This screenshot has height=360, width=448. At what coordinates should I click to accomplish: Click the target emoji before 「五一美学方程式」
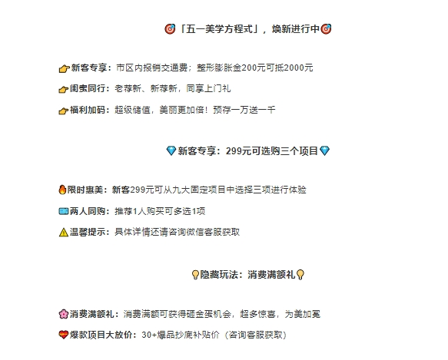(x=170, y=29)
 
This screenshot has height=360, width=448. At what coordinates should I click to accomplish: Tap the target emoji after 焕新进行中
(x=326, y=29)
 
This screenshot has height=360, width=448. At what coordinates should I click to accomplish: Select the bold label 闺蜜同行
(x=88, y=88)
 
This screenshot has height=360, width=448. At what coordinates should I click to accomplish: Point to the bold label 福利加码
(x=88, y=110)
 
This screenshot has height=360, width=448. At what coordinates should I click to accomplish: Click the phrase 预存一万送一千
(x=244, y=110)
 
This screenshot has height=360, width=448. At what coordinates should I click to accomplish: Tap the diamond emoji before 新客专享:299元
(x=171, y=150)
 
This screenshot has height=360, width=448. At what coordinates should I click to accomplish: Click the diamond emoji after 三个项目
(x=324, y=150)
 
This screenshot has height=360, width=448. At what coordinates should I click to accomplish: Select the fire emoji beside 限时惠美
(x=62, y=190)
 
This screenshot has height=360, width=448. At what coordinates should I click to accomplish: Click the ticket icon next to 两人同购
(x=64, y=211)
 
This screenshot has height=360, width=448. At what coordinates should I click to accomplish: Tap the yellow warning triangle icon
(x=64, y=232)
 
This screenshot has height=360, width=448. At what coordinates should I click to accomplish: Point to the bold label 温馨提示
(x=88, y=232)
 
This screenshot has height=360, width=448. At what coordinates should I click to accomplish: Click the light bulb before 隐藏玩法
(x=195, y=275)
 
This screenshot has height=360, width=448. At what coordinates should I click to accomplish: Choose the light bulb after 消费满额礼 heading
(x=300, y=275)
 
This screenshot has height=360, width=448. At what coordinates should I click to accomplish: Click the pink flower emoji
(x=64, y=314)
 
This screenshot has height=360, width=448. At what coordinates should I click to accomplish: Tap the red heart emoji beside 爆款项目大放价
(x=64, y=335)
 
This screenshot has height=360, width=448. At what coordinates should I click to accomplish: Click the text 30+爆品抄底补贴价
(x=181, y=335)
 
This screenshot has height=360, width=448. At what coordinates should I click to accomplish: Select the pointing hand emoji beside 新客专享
(x=64, y=68)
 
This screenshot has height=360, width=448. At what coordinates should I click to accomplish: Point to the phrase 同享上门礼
(x=208, y=88)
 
